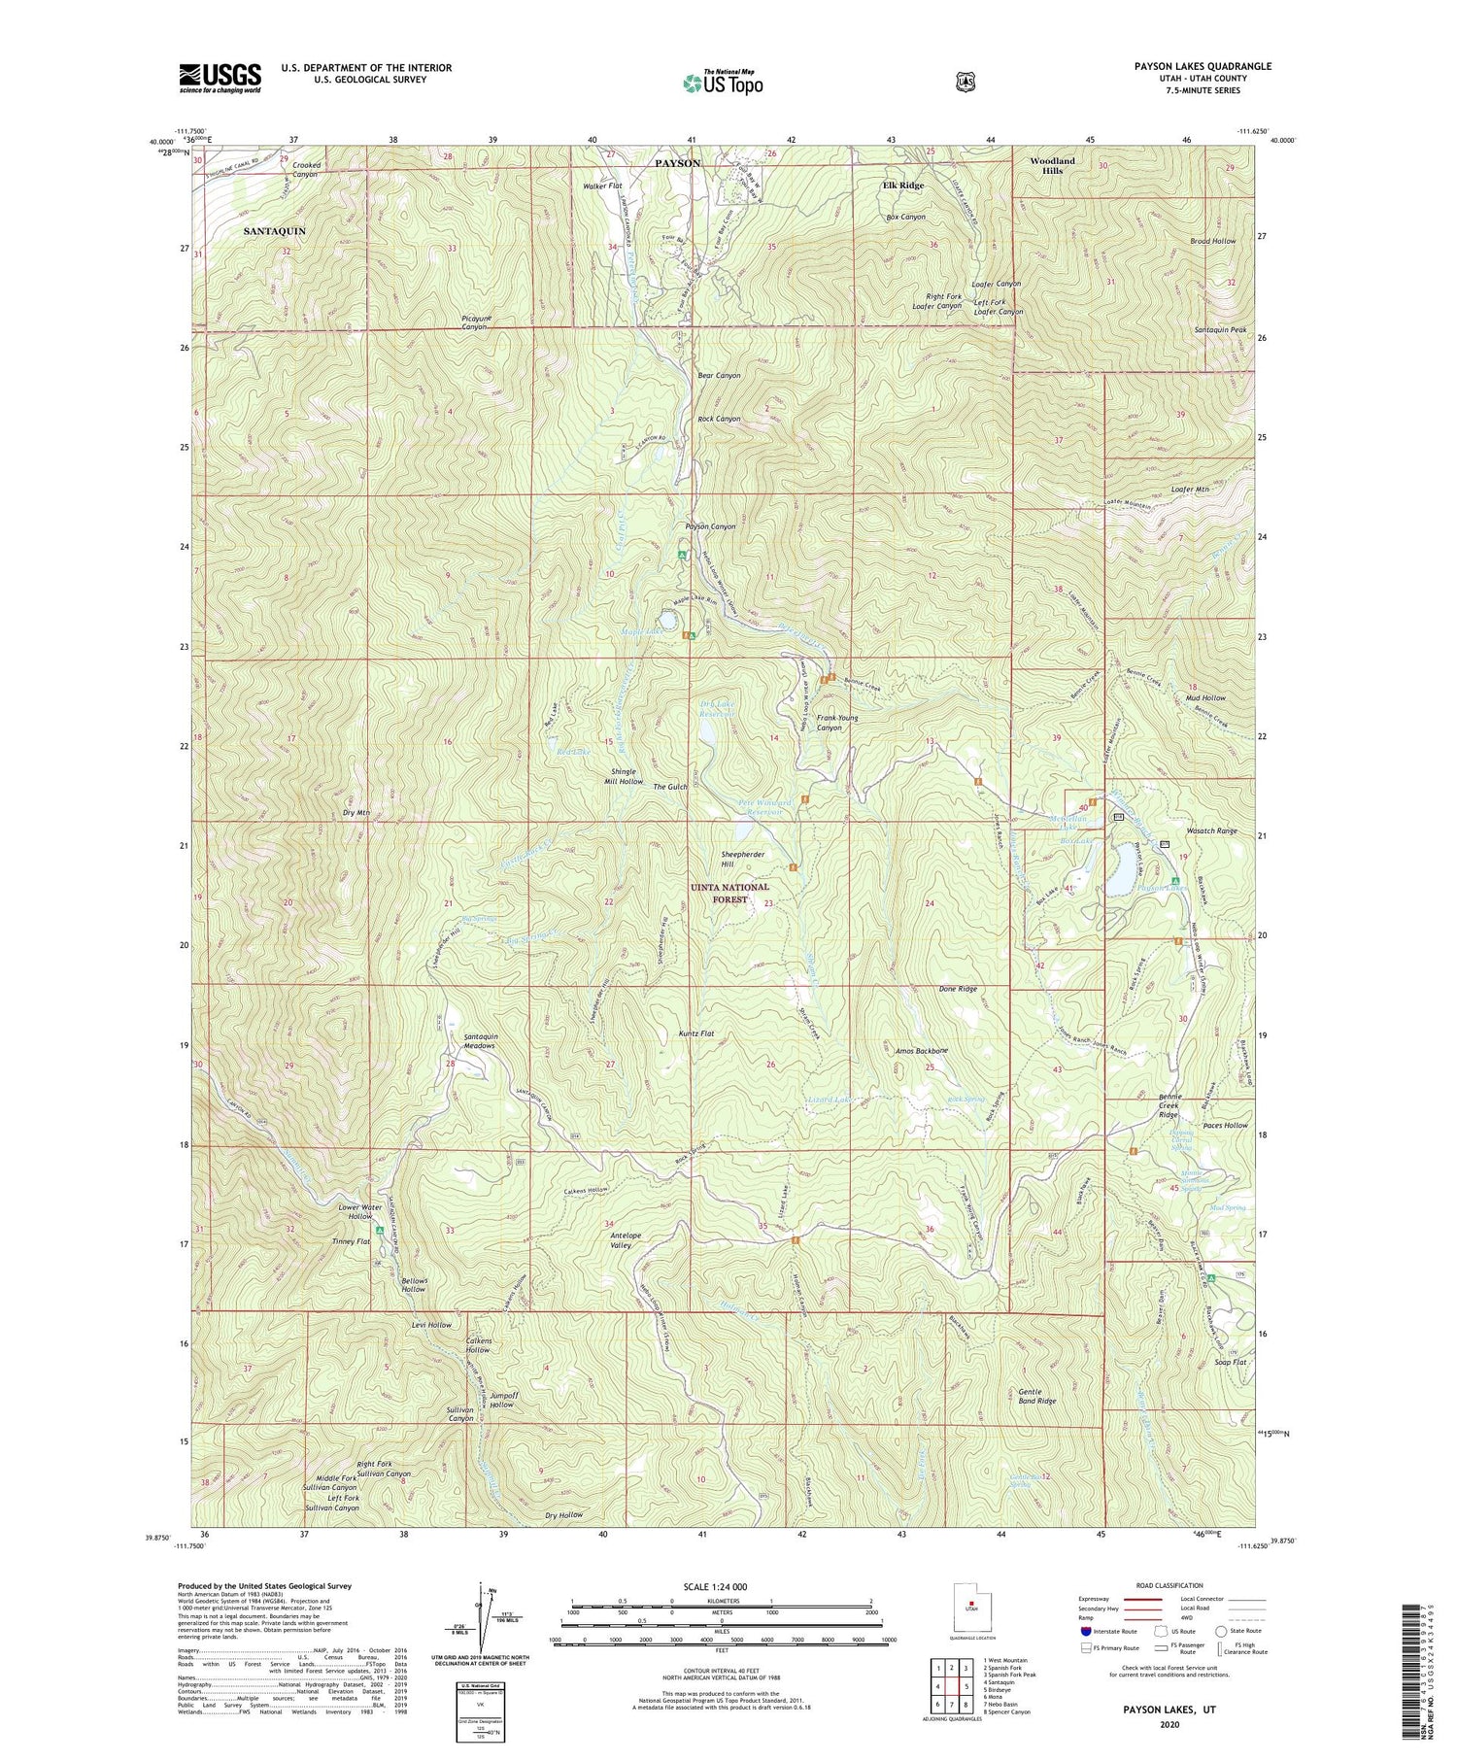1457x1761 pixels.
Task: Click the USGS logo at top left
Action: [x=220, y=77]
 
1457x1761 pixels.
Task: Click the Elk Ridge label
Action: [x=902, y=185]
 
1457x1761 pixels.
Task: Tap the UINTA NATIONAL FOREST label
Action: [x=730, y=893]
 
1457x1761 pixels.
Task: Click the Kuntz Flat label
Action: [x=695, y=1033]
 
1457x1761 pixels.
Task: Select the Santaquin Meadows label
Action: [x=473, y=1040]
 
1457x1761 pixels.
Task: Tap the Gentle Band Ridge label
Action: [x=1036, y=1396]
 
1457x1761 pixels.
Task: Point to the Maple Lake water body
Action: [x=668, y=619]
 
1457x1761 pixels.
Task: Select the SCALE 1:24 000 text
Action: [x=722, y=1586]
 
